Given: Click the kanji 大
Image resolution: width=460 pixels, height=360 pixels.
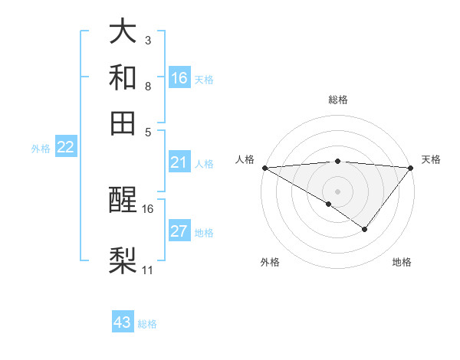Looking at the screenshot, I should click(x=123, y=32).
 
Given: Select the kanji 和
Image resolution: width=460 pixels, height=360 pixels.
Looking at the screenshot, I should click(x=123, y=77).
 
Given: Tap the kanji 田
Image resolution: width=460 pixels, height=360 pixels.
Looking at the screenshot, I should click(x=123, y=123).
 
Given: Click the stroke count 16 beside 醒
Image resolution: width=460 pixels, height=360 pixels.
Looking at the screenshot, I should click(x=148, y=208).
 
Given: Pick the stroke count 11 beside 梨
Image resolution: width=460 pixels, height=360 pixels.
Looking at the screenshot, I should click(x=148, y=270).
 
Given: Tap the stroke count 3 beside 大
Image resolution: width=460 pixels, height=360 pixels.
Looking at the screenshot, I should click(x=147, y=40).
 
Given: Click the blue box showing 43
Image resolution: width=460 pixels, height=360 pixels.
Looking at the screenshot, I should click(x=123, y=322).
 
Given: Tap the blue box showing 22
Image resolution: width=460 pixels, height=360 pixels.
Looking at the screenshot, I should click(x=65, y=148).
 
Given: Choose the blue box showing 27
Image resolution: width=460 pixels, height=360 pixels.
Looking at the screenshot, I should click(x=179, y=232).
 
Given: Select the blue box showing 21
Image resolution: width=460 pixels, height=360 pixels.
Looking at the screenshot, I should click(x=179, y=162).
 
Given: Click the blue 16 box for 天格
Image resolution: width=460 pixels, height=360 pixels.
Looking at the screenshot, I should click(x=179, y=78).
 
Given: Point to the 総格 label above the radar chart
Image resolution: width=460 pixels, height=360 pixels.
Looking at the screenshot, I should click(x=338, y=100).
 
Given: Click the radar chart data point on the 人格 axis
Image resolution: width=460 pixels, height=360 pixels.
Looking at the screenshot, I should click(x=264, y=168).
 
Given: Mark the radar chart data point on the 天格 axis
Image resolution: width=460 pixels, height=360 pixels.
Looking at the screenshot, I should click(x=411, y=168).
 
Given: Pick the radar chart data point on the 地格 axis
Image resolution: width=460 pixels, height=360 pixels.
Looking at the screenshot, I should click(x=365, y=229).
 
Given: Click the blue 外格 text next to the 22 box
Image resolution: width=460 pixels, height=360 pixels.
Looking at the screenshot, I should click(x=40, y=149).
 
